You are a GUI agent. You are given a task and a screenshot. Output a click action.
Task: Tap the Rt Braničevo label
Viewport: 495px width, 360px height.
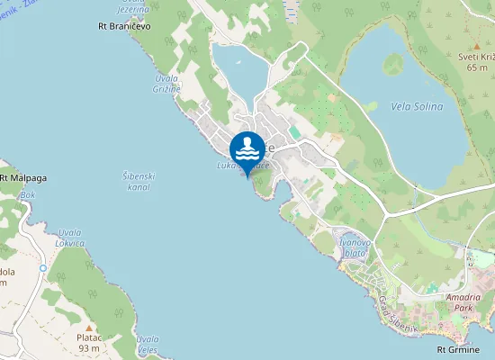[x=124, y=26]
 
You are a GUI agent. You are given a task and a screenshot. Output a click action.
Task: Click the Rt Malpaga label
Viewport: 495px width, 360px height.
[x=23, y=178]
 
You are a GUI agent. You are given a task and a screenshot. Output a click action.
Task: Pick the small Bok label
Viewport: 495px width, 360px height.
[x=28, y=194]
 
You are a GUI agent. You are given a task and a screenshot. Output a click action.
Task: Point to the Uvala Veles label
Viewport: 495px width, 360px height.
[x=147, y=344]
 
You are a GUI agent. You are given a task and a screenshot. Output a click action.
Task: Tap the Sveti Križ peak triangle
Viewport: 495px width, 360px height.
[x=477, y=45]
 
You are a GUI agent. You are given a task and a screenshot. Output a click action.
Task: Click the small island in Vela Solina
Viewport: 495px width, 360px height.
[x=393, y=64]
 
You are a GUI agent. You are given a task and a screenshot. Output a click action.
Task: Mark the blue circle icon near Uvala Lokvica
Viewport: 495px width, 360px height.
[x=42, y=268]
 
